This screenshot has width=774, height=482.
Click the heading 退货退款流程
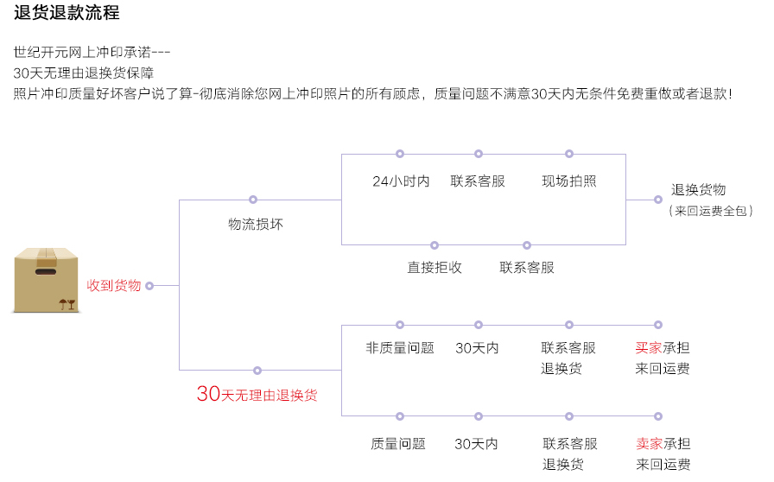point(67,13)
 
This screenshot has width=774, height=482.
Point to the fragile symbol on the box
point(67,303)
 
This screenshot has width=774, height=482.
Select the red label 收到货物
point(113,285)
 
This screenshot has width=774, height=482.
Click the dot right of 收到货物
point(149,285)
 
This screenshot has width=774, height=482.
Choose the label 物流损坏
point(256,225)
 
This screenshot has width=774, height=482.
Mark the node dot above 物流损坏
point(253,200)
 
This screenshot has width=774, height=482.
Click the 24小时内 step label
point(401,181)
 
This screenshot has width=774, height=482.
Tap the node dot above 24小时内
point(400,154)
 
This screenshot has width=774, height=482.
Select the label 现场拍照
point(569,181)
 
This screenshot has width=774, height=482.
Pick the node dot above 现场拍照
point(569,154)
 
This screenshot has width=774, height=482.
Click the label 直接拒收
point(435,268)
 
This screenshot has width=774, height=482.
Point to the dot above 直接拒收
point(435,245)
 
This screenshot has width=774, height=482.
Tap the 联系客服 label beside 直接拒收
point(527,268)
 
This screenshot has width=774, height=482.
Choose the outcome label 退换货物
point(699,190)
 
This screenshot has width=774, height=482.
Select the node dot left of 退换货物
point(657,200)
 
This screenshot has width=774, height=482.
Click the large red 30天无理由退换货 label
point(257,395)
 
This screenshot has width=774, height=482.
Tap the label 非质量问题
point(400,348)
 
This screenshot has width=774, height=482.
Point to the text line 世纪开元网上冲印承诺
point(92,52)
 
